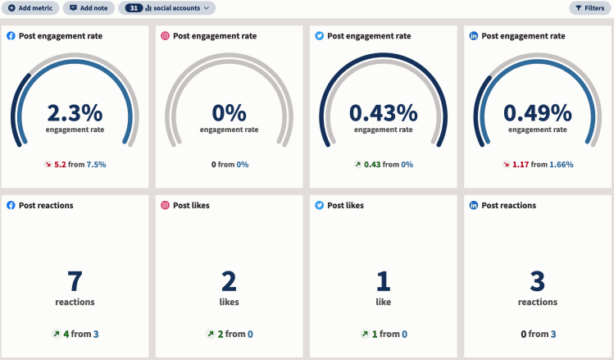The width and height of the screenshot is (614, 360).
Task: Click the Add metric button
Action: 31,8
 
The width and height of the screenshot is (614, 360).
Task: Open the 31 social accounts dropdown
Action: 167,8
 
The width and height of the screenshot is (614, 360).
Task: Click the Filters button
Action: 589,8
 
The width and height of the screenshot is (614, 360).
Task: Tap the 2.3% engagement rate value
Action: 75,112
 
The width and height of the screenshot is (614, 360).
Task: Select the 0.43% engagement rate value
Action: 384,112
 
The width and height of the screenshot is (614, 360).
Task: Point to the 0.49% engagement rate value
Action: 537,112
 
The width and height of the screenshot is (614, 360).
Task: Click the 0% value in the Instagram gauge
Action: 230,112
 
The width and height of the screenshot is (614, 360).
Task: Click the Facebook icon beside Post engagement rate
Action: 11,36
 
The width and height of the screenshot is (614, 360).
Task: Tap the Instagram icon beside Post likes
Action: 166,205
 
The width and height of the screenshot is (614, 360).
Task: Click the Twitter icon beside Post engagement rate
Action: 320,36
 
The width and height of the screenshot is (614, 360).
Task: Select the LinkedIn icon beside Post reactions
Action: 474,205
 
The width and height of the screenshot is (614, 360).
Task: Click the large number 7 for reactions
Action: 75,281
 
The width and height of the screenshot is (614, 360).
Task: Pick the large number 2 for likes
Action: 230,281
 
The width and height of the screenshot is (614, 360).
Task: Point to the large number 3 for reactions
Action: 537,281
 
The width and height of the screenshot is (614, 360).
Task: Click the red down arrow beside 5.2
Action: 48,164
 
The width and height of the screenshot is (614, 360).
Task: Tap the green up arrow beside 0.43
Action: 357,164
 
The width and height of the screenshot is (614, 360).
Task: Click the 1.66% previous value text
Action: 561,164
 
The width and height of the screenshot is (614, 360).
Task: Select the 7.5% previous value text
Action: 96,164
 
